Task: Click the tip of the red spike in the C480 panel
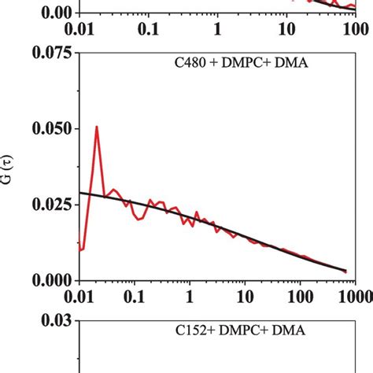tap(96, 126)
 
